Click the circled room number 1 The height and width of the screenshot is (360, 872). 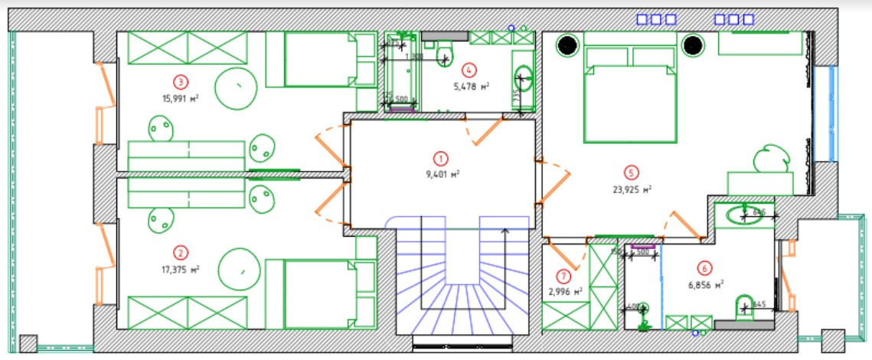pos(441,159)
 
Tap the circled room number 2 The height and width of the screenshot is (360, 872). pos(181,253)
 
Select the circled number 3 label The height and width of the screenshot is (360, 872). pos(181,81)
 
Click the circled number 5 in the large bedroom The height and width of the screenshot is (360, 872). pos(632,172)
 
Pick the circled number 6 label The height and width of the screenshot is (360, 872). pos(704,268)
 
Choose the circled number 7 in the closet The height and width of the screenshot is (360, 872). pos(564,277)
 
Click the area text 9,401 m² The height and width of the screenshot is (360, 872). pos(442,174)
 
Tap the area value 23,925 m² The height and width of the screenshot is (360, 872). pos(635,188)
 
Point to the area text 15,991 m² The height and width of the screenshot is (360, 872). pos(181,98)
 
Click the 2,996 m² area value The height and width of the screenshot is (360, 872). pos(566,291)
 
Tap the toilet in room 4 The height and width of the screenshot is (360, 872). pos(445,54)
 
